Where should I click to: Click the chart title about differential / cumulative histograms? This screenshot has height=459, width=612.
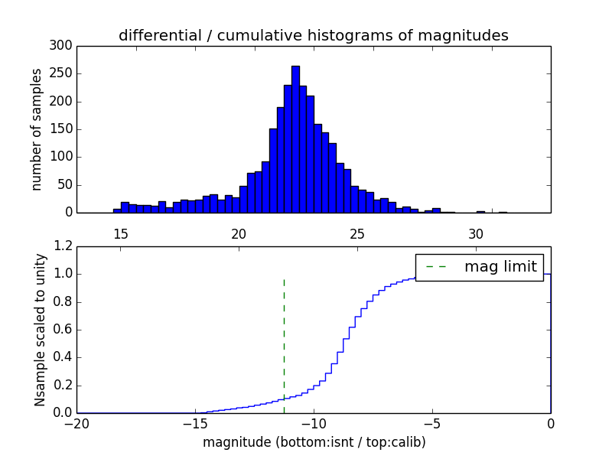point(313,35)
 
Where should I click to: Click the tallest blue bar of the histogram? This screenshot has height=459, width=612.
point(295,138)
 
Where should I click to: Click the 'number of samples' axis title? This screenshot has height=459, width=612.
point(37,129)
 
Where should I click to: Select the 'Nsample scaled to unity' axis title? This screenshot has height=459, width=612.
point(40,330)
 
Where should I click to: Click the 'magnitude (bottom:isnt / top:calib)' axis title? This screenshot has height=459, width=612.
point(314,442)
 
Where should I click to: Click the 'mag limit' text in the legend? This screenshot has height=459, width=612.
point(500,266)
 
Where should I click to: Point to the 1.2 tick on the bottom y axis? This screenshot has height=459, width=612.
point(63,246)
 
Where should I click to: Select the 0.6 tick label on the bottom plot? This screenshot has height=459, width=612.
point(63,330)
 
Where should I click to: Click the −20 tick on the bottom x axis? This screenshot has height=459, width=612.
point(77,422)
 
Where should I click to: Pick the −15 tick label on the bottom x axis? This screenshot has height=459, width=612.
point(195,422)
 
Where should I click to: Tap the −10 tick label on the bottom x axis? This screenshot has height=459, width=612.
point(314,422)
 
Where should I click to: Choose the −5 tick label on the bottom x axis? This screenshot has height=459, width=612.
point(432,422)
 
